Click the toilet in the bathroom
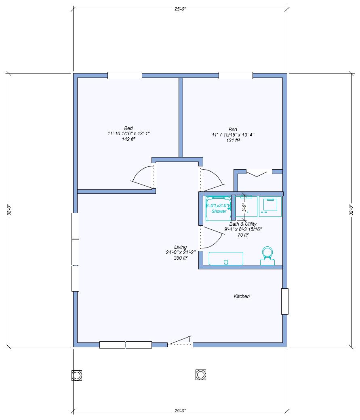coord(267,255)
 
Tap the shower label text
coord(219,211)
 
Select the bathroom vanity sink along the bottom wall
coord(226,259)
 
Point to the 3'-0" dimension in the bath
coord(244,208)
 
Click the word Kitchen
coord(242,296)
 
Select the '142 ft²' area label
coord(128,139)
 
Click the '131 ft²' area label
coord(233,140)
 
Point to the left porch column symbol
coord(77,375)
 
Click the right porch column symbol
coord(201,375)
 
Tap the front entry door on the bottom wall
coord(180,342)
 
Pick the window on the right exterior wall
coord(285,301)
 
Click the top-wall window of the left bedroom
coord(124,76)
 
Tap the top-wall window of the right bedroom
coord(236,76)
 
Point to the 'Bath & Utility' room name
coord(243,224)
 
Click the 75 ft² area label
coord(243,235)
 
